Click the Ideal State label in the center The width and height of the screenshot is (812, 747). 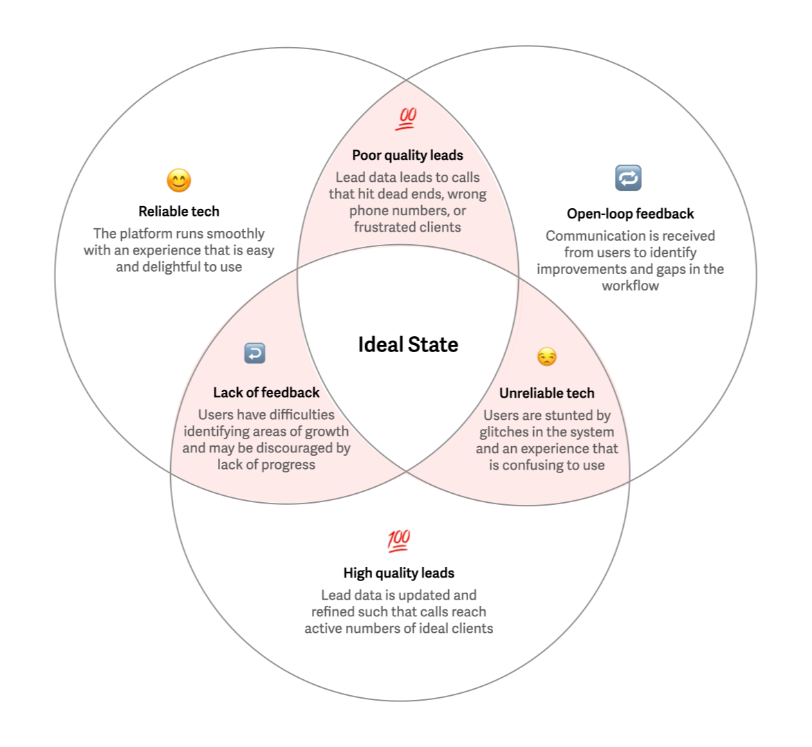[408, 344]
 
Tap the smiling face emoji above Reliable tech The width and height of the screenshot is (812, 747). [179, 181]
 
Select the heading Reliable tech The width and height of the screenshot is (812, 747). [179, 212]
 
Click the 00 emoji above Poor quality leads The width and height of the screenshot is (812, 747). [407, 118]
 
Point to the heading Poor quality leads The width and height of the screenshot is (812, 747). [407, 156]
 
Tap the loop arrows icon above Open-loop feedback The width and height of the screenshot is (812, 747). [628, 178]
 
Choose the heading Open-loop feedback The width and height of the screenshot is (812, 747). [630, 214]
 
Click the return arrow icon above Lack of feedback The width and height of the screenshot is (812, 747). [255, 353]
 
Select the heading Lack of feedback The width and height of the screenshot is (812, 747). [266, 393]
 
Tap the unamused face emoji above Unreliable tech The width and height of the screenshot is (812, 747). [546, 357]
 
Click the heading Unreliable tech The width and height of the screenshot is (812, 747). [546, 394]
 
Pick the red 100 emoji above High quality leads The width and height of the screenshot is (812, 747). [399, 540]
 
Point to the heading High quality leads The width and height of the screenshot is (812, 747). [399, 573]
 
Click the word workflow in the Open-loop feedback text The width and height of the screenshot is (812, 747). [630, 286]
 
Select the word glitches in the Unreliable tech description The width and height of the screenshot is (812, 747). [504, 432]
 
